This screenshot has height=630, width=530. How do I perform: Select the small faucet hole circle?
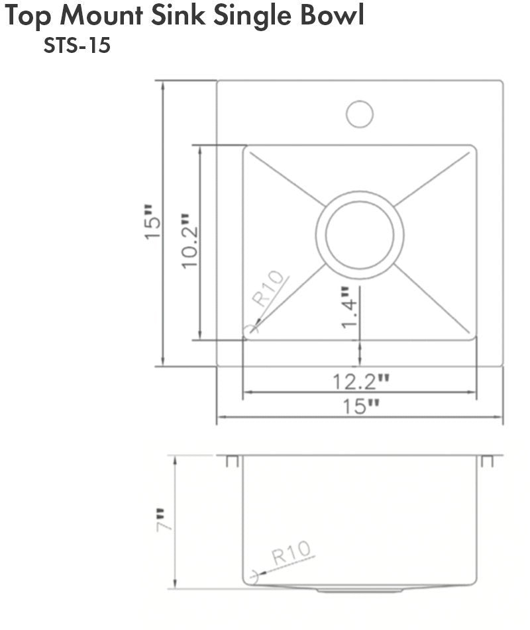coord(359,114)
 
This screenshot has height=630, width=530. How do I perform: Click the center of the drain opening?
coord(359,234)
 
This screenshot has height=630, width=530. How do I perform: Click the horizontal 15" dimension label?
coord(360,406)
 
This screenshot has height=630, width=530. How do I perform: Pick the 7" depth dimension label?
coord(163,519)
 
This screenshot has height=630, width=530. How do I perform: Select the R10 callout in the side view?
coord(291,552)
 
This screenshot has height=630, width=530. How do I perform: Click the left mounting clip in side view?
coord(232,461)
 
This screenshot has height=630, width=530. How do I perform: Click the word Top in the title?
coord(28,17)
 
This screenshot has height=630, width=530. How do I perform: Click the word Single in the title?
coord(250,17)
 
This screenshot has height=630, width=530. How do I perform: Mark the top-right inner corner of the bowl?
coord(472,149)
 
